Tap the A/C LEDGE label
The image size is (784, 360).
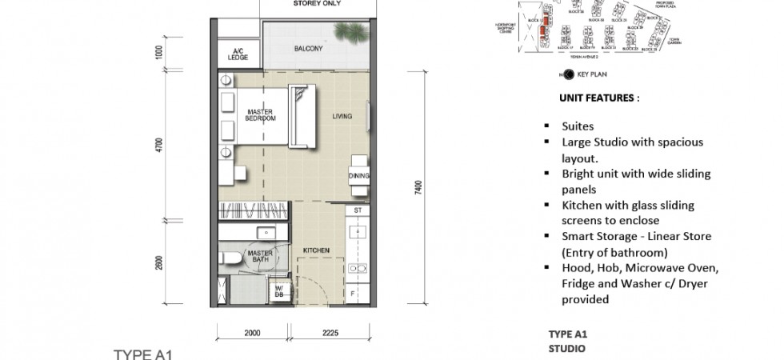(x=237, y=54)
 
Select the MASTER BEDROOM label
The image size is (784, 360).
(x=261, y=114)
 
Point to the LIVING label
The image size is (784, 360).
(x=342, y=118)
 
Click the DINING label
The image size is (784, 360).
(x=358, y=176)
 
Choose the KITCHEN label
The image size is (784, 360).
(x=316, y=251)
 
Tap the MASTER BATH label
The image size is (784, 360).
(x=261, y=257)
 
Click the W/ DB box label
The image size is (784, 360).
(x=280, y=290)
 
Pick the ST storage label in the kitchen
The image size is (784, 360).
(x=358, y=211)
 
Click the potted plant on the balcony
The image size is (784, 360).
(x=349, y=33)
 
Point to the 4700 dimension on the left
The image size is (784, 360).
(x=160, y=145)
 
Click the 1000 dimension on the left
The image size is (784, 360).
(x=160, y=53)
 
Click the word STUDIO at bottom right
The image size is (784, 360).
(x=567, y=349)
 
